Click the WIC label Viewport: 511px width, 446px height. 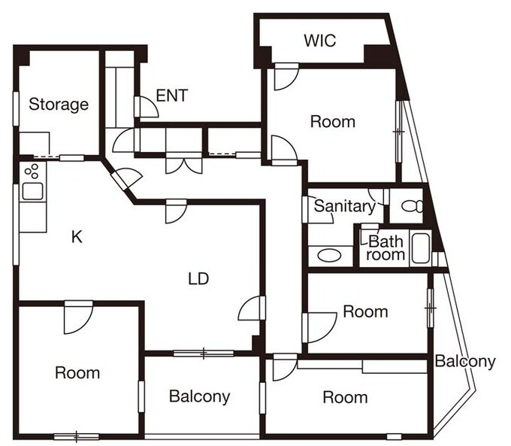tap(319, 41)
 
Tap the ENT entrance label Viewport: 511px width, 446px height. tap(172, 96)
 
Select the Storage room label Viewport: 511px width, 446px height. tap(59, 105)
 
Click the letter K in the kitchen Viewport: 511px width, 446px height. tap(77, 237)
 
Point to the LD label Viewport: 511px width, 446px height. tap(198, 279)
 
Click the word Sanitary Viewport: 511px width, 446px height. tap(345, 207)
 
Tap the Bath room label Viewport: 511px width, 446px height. tap(386, 248)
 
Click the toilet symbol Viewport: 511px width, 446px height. tap(412, 206)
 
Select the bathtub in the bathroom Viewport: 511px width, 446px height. tap(421, 248)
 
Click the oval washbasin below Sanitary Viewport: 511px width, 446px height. tap(329, 255)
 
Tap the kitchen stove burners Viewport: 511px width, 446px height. tap(32, 171)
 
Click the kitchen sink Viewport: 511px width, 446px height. tap(32, 191)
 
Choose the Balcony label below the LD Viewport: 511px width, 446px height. tap(199, 396)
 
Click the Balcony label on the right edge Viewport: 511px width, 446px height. tap(465, 361)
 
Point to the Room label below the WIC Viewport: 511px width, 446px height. tap(333, 122)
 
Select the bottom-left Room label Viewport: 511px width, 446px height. tap(77, 372)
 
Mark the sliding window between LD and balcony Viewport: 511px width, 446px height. tap(204, 353)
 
